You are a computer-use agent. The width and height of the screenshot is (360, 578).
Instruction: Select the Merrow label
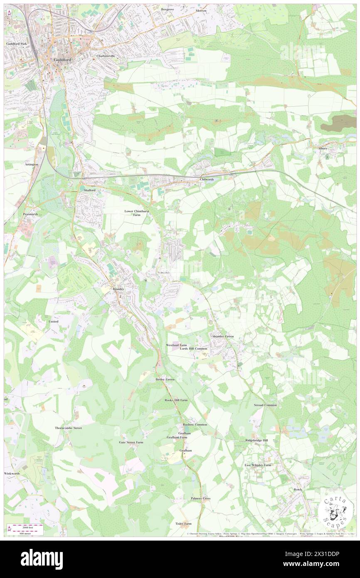coord(201,10)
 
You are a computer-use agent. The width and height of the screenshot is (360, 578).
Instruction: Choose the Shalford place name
coord(87,190)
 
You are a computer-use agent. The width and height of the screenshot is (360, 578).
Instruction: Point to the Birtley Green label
coord(165,379)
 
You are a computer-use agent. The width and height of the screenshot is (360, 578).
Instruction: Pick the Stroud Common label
coord(265,405)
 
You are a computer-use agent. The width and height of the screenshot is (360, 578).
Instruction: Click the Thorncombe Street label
coord(68,427)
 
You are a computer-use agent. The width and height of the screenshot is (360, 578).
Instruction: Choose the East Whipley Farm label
coord(258,465)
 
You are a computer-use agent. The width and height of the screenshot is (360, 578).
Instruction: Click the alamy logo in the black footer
coord(42,559)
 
